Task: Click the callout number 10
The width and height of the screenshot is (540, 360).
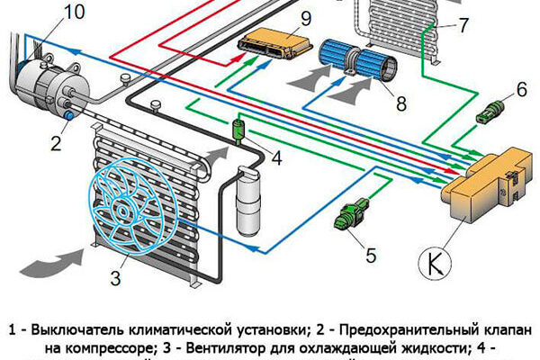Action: click(x=75, y=12)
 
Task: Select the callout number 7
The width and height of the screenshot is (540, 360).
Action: click(x=463, y=23)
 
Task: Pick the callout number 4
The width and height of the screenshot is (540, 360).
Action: click(x=277, y=159)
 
